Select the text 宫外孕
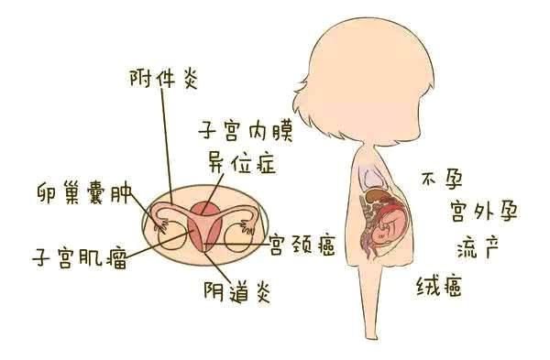tap(484, 213)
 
